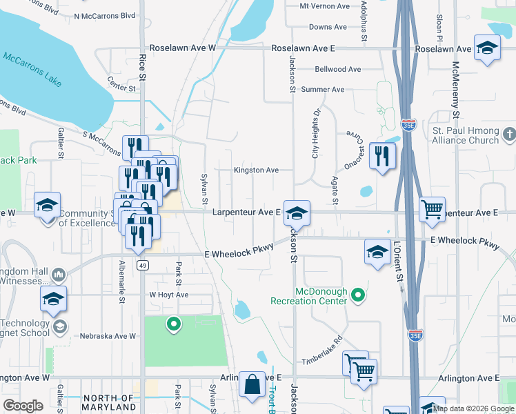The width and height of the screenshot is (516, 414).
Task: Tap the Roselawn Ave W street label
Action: pos(186,49)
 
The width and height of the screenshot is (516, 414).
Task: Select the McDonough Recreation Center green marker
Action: pos(357,296)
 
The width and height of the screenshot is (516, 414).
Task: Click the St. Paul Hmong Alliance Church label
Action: pos(465,135)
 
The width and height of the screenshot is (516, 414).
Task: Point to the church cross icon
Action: pos(508,133)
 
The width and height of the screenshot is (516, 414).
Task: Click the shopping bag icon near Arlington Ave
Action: pos(252,384)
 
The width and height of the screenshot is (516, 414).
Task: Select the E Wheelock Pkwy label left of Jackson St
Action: pos(235,254)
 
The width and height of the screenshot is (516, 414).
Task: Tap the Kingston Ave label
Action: pos(256,170)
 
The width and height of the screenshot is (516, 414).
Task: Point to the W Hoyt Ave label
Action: pos(169,295)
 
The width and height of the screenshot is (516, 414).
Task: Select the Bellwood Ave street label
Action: pos(337,70)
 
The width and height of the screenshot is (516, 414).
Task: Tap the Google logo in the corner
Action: pos(23,406)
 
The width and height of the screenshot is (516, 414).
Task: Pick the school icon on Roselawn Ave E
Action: pos(487,48)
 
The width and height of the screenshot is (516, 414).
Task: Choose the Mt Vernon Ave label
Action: pos(325,6)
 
